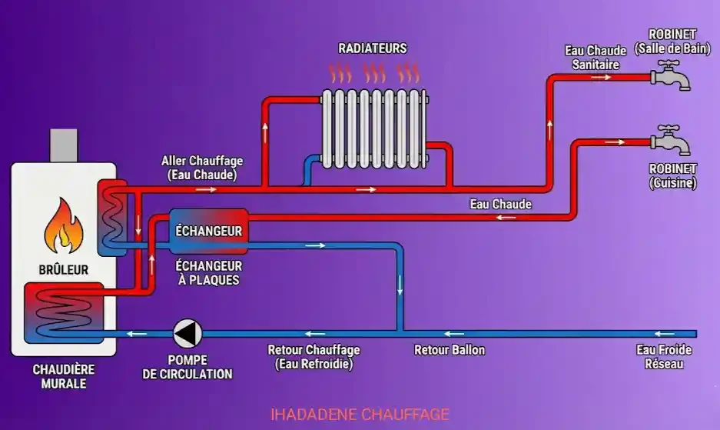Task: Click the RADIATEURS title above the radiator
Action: click(x=373, y=48)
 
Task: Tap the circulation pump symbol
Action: click(x=187, y=333)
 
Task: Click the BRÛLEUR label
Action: click(x=64, y=270)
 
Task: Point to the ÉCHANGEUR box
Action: click(x=208, y=231)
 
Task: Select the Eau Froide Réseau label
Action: click(x=664, y=357)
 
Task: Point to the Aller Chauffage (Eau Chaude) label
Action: click(x=202, y=168)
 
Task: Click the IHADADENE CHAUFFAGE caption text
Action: click(x=360, y=415)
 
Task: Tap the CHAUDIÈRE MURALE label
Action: click(x=64, y=376)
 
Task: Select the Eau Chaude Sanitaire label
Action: click(x=596, y=58)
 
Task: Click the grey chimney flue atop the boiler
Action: click(x=64, y=145)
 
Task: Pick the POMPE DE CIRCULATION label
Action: click(x=187, y=367)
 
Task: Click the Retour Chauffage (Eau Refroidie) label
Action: click(x=314, y=357)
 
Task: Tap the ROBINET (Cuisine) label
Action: click(x=672, y=176)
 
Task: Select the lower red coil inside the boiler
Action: click(x=61, y=312)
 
